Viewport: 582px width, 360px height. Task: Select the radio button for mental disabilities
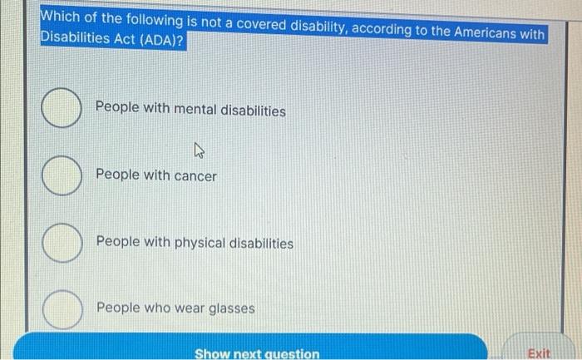[x=61, y=111]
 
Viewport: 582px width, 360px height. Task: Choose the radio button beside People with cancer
[x=61, y=176]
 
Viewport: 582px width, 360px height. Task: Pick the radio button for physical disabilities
[x=61, y=244]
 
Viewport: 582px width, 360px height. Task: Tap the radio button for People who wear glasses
[x=61, y=309]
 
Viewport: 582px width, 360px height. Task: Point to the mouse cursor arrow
[x=199, y=150]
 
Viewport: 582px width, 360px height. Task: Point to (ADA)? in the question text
[x=165, y=41]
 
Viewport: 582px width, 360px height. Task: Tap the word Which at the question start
[x=60, y=17]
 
